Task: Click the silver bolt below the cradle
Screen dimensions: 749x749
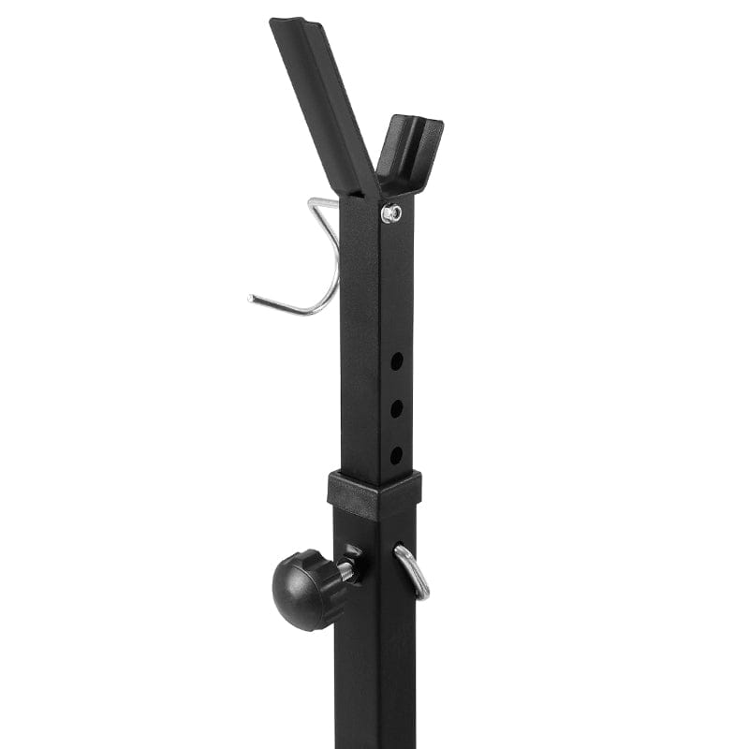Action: coord(391,213)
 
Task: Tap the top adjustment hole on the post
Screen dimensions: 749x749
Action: coord(397,360)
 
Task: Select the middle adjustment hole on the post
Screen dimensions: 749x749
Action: coord(397,408)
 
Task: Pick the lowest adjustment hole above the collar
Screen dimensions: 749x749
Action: coord(396,455)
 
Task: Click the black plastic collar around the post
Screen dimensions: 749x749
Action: coord(374,493)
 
